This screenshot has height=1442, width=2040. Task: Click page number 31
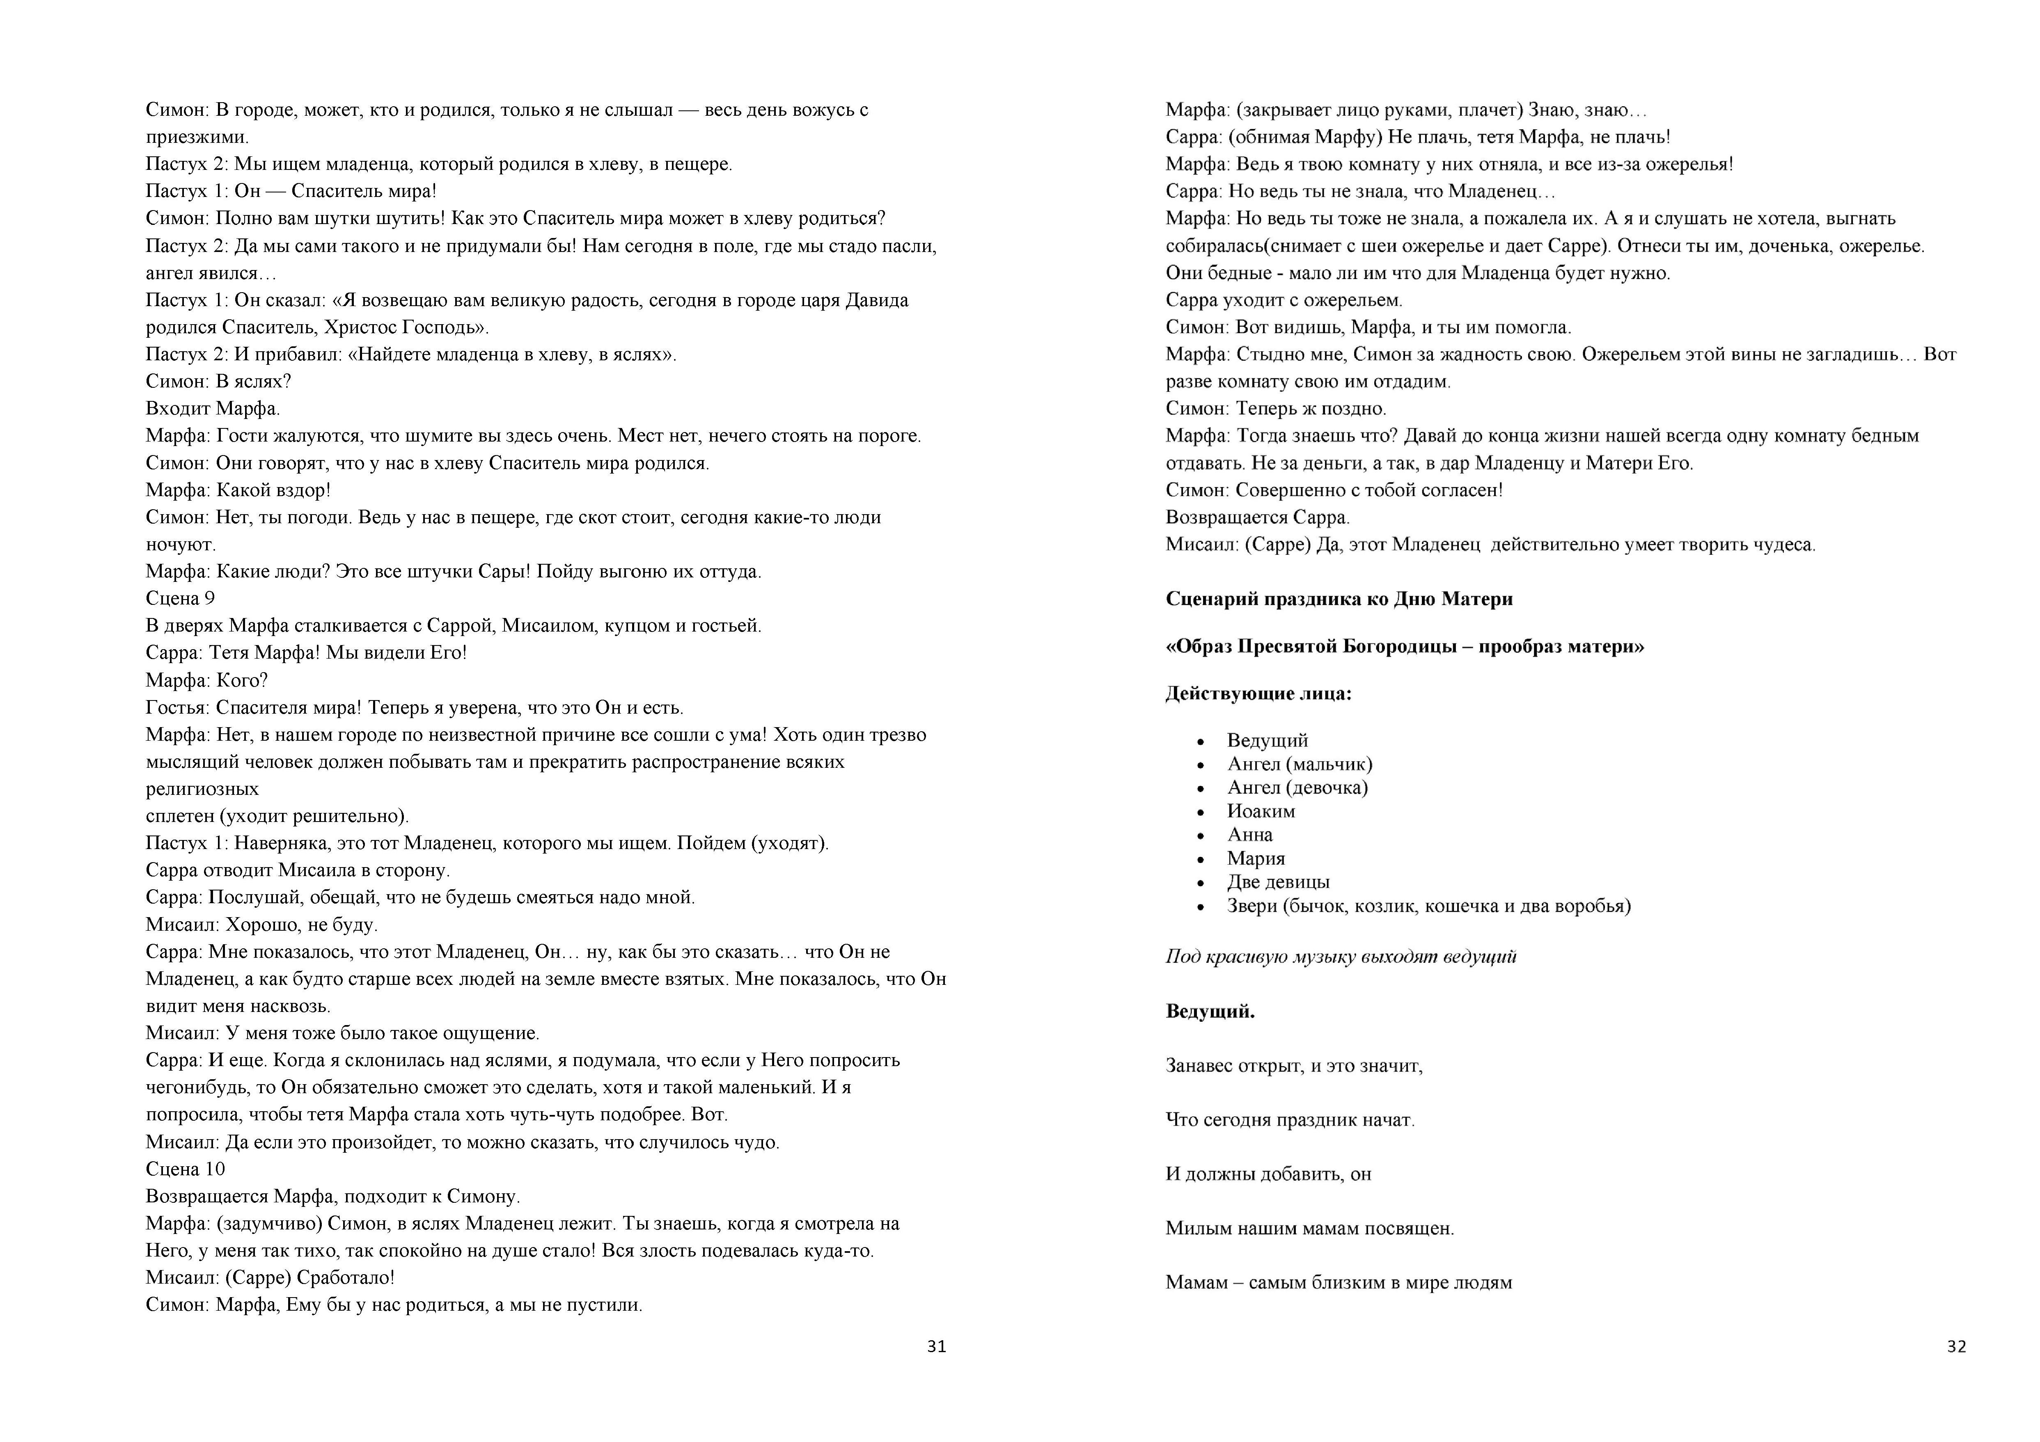click(937, 1346)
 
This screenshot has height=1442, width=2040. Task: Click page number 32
click(1957, 1346)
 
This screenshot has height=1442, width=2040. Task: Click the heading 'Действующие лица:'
click(1258, 693)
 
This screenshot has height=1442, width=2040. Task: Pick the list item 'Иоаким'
click(1261, 811)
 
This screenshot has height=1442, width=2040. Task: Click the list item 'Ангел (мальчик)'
click(1299, 764)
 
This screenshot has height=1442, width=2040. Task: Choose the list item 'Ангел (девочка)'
click(1297, 787)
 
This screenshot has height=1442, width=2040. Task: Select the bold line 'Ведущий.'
click(1210, 1011)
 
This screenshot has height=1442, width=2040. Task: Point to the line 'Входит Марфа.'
click(212, 409)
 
